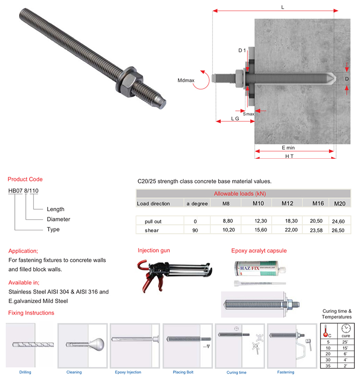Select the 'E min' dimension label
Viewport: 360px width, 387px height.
(x=288, y=148)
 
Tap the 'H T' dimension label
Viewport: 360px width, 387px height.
(x=289, y=156)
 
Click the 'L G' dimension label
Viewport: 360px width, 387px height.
(x=235, y=118)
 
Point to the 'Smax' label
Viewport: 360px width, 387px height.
(x=248, y=114)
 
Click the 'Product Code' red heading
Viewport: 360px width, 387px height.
(x=25, y=180)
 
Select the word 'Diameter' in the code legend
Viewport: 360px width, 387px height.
(x=58, y=219)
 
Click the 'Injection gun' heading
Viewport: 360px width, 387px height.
(x=154, y=250)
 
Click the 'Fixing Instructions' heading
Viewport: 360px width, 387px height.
(x=31, y=313)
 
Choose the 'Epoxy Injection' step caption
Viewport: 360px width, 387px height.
(x=128, y=372)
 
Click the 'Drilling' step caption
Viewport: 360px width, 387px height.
(x=25, y=372)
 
